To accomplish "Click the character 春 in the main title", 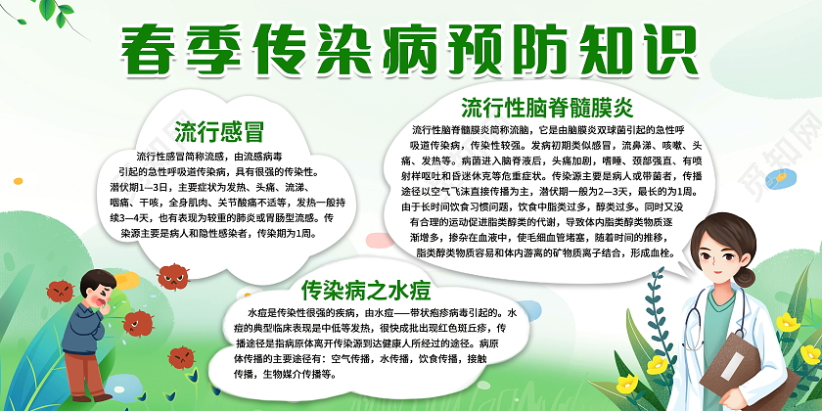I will coord(155,48).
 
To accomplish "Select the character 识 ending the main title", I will coord(688,48).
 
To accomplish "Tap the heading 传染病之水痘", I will coord(364,290).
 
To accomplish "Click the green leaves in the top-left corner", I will coord(39,24).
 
